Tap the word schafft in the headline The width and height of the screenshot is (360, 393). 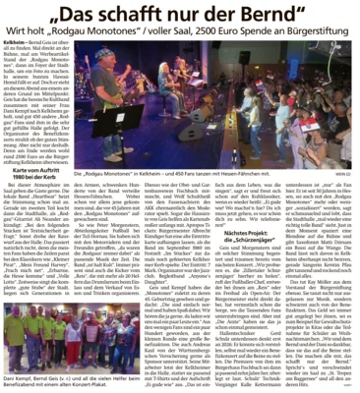click(x=137, y=18)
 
